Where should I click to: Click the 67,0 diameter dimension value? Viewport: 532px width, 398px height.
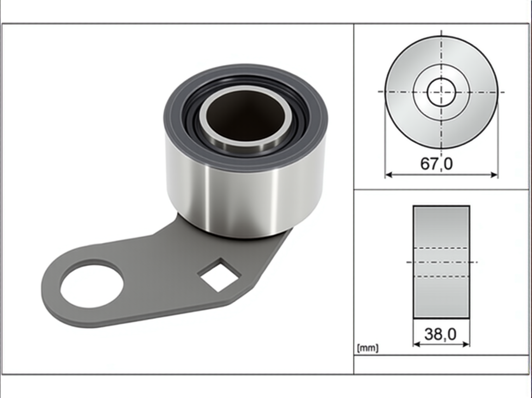click(x=436, y=164)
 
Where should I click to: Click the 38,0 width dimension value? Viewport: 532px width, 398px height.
click(x=440, y=334)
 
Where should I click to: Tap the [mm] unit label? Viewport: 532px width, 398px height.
click(x=367, y=348)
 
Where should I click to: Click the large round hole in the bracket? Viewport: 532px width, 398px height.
click(x=92, y=286)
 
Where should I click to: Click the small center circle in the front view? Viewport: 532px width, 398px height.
click(x=441, y=92)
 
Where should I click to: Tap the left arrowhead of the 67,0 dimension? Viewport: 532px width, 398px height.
click(x=388, y=175)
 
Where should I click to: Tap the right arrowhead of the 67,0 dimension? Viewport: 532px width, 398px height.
click(x=494, y=175)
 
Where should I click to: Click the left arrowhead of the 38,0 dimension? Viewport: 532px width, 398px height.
click(x=416, y=344)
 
